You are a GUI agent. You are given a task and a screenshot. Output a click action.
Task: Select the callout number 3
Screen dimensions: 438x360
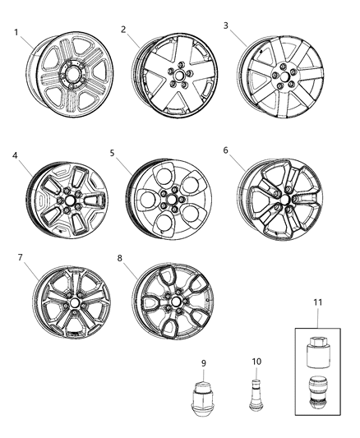(x=225, y=25)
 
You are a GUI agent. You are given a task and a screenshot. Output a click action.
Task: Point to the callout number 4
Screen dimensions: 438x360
(x=15, y=154)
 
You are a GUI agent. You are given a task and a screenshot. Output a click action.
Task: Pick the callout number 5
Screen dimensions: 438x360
(x=114, y=154)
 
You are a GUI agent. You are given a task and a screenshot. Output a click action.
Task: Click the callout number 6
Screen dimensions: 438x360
(x=225, y=150)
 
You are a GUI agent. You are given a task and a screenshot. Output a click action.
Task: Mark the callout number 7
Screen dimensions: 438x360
(x=20, y=258)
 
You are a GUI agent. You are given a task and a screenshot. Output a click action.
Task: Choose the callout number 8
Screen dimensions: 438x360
(x=121, y=258)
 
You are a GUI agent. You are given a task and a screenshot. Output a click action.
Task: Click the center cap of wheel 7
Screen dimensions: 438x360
(x=74, y=303)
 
